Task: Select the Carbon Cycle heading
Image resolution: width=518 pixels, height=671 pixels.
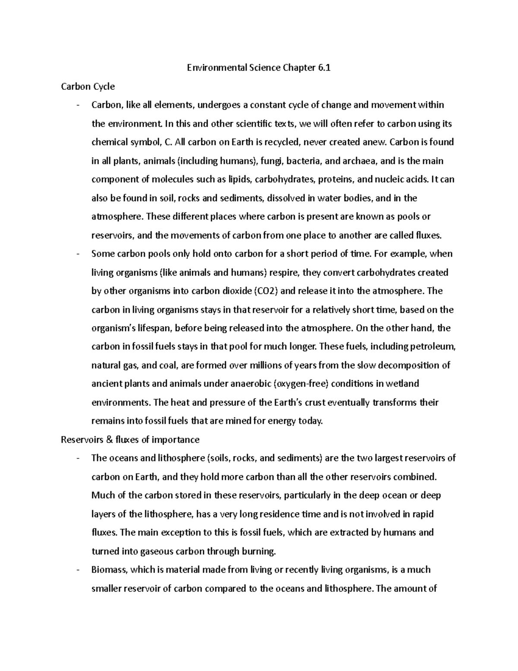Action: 88,86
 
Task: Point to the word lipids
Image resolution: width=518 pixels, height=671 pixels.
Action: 241,180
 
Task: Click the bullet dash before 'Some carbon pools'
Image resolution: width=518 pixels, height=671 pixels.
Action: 78,254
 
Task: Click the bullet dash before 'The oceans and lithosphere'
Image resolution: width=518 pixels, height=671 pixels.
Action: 78,458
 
